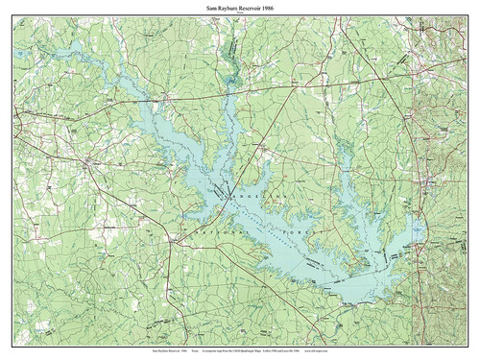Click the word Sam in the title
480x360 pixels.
click(x=211, y=9)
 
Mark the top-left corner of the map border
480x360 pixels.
click(x=12, y=23)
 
